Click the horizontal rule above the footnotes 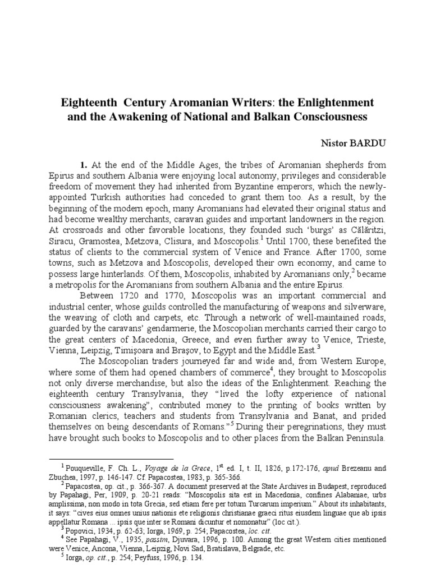(x=112, y=460)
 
